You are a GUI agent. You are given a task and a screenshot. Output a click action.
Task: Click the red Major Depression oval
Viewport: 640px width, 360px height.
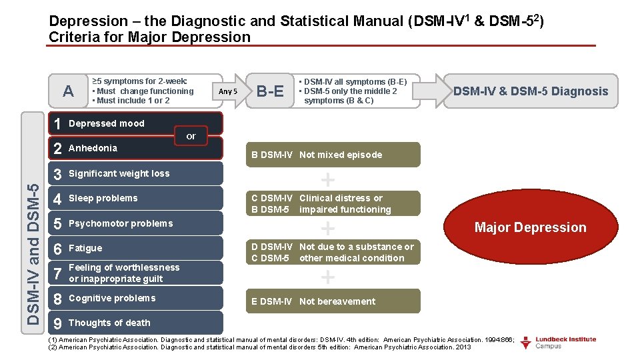(x=530, y=227)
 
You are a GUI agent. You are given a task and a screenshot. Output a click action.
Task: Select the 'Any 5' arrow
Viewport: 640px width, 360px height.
(x=228, y=91)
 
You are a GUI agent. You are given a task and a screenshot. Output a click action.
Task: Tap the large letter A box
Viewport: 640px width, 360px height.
(x=68, y=91)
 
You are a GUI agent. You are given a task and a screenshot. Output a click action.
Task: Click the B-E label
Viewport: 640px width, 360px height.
(x=270, y=91)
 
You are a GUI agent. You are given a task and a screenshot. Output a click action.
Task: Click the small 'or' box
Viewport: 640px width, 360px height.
(x=191, y=137)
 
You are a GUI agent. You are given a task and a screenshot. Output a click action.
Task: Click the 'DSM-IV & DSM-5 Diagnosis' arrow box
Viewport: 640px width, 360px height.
(x=530, y=91)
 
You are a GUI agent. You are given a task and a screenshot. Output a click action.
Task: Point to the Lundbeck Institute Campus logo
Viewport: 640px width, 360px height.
(x=557, y=343)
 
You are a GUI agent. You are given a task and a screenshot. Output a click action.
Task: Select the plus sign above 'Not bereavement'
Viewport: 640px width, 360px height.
(x=327, y=277)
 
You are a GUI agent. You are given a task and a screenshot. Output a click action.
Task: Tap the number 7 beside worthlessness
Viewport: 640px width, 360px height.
(x=58, y=273)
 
